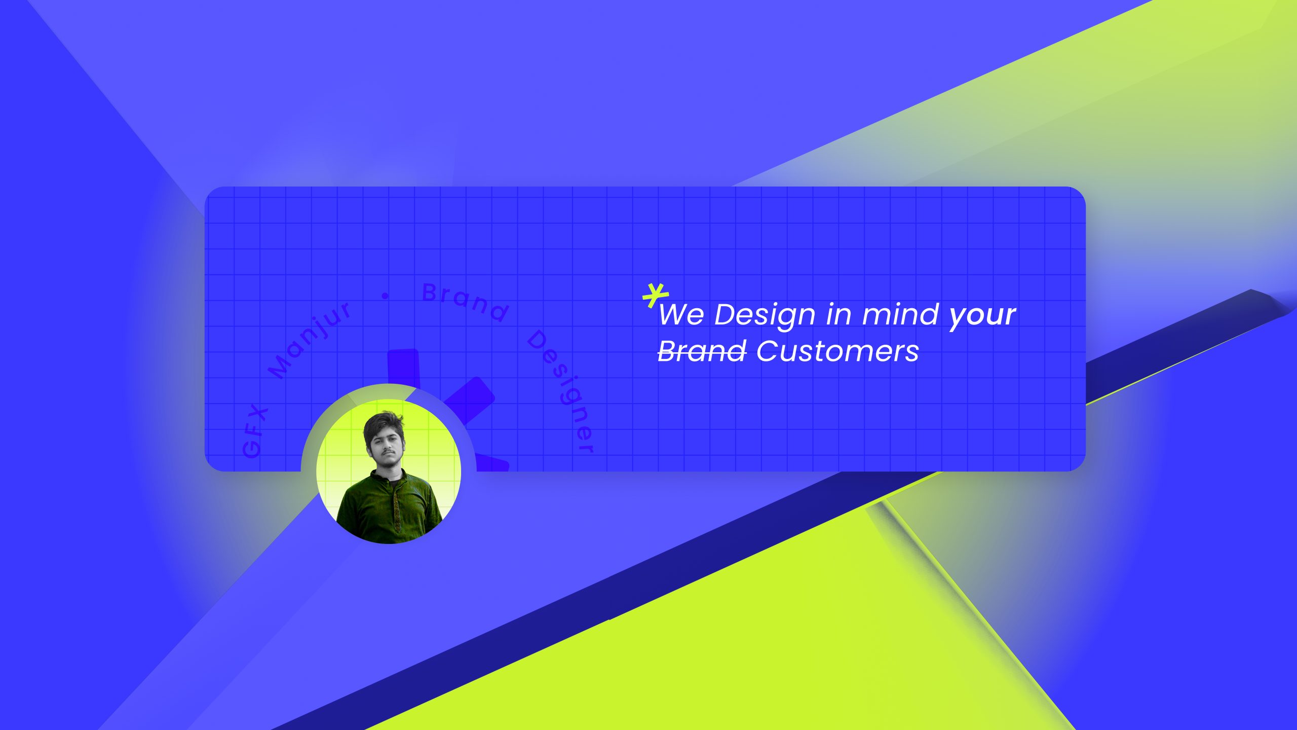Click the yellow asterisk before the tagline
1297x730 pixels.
pyautogui.click(x=656, y=296)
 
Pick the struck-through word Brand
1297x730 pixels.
pyautogui.click(x=702, y=351)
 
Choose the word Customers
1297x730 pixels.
pyautogui.click(x=837, y=351)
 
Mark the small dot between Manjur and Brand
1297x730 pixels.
pyautogui.click(x=385, y=296)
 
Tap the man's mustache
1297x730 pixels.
pyautogui.click(x=387, y=451)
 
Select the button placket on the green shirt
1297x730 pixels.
pyautogui.click(x=396, y=502)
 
